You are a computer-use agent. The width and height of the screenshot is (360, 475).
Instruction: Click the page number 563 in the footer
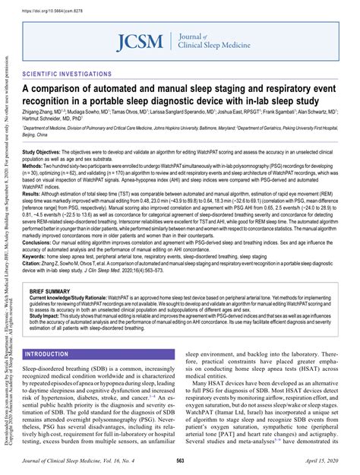pyautogui.click(x=181, y=461)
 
